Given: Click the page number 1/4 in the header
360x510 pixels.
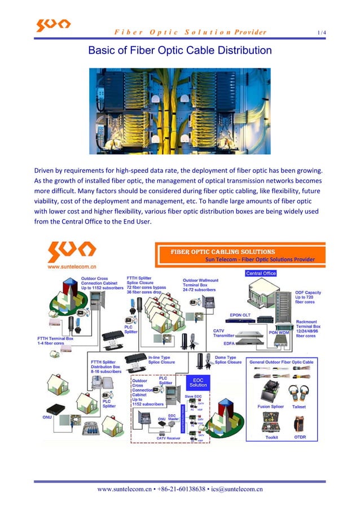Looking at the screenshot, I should pos(322,32).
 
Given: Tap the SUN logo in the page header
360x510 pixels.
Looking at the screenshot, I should pos(54,25).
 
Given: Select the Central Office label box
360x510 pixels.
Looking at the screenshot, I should pos(261,273).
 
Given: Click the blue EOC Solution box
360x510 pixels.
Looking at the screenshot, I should pos(198,382).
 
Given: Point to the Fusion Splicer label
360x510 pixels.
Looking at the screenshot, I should pos(270,406).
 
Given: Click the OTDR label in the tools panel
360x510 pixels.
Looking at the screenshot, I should pos(300,437).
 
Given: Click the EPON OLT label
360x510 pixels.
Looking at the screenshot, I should pos(240,315).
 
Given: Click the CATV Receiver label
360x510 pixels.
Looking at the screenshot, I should pos(169,437).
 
